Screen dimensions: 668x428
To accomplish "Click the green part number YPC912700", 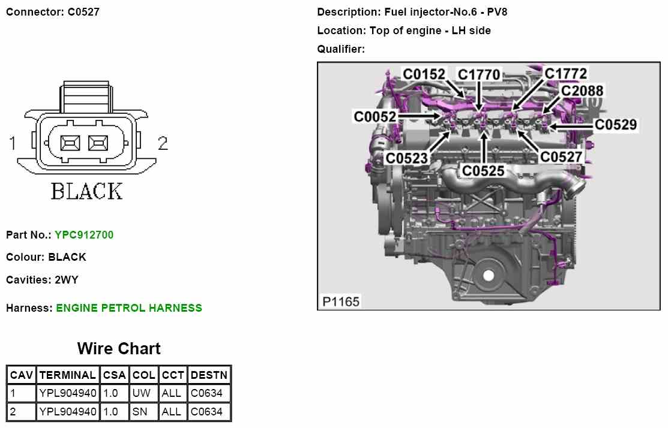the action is point(84,235).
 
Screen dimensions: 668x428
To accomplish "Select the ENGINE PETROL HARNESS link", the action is point(129,308).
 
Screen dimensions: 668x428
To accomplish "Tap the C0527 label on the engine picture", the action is point(561,157).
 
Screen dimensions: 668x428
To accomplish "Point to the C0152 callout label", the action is point(424,74).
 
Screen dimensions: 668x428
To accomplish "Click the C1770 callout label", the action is point(479,75).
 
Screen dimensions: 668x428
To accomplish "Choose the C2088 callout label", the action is point(582,91).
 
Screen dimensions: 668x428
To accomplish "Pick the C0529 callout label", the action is point(616,125).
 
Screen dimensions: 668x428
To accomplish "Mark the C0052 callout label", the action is point(375,116).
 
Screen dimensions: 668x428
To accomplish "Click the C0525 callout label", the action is point(483,171).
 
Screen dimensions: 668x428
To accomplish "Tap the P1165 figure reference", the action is point(341,302).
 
